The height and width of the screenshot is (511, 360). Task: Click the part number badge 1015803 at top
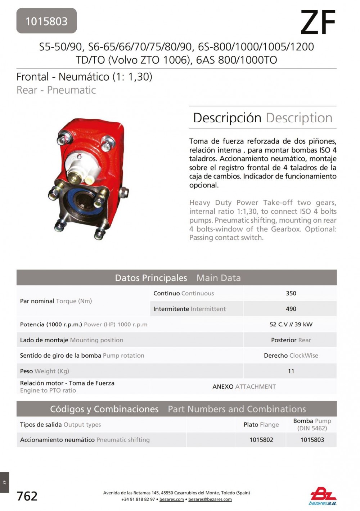click(x=46, y=21)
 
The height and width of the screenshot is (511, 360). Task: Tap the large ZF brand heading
click(x=318, y=22)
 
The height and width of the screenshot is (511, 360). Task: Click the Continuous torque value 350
click(x=291, y=293)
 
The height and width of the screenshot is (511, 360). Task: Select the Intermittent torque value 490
click(x=291, y=309)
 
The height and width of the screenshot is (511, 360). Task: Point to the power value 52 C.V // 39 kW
click(x=291, y=324)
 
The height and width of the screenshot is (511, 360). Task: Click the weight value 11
click(x=291, y=371)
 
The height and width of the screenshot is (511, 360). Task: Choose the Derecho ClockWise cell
click(x=291, y=356)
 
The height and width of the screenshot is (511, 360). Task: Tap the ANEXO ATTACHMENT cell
click(x=244, y=386)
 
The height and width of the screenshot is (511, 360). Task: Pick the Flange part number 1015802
click(x=261, y=440)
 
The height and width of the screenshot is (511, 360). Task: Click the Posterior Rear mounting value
click(x=291, y=340)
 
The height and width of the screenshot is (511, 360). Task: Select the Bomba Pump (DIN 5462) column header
click(x=312, y=425)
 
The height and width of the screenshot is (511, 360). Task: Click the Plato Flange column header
click(x=261, y=425)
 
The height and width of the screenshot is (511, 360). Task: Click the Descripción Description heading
click(x=262, y=118)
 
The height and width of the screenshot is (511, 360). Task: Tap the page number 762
click(x=27, y=496)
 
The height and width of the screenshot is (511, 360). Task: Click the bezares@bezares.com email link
click(x=210, y=499)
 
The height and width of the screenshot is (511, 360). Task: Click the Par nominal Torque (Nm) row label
click(x=56, y=301)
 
